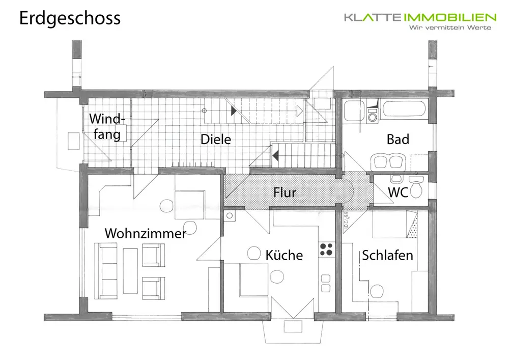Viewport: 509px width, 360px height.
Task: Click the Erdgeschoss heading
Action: (x=70, y=18)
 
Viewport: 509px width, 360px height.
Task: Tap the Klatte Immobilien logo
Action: (x=420, y=18)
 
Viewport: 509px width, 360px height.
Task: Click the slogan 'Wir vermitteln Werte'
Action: (x=451, y=27)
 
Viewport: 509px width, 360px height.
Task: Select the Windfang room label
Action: (x=106, y=127)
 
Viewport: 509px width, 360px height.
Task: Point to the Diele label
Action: (x=215, y=139)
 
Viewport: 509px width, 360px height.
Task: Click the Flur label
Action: (x=285, y=192)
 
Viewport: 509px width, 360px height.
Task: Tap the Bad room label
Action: (x=398, y=139)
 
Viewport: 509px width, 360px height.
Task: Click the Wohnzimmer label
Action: (x=145, y=234)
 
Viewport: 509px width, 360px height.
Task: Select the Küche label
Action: (x=284, y=255)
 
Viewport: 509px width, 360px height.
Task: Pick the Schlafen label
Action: (x=387, y=255)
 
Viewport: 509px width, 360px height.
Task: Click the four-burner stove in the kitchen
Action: (x=326, y=250)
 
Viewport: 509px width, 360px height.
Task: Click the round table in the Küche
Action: (x=278, y=277)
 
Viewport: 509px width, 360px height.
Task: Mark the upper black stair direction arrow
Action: (x=234, y=110)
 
